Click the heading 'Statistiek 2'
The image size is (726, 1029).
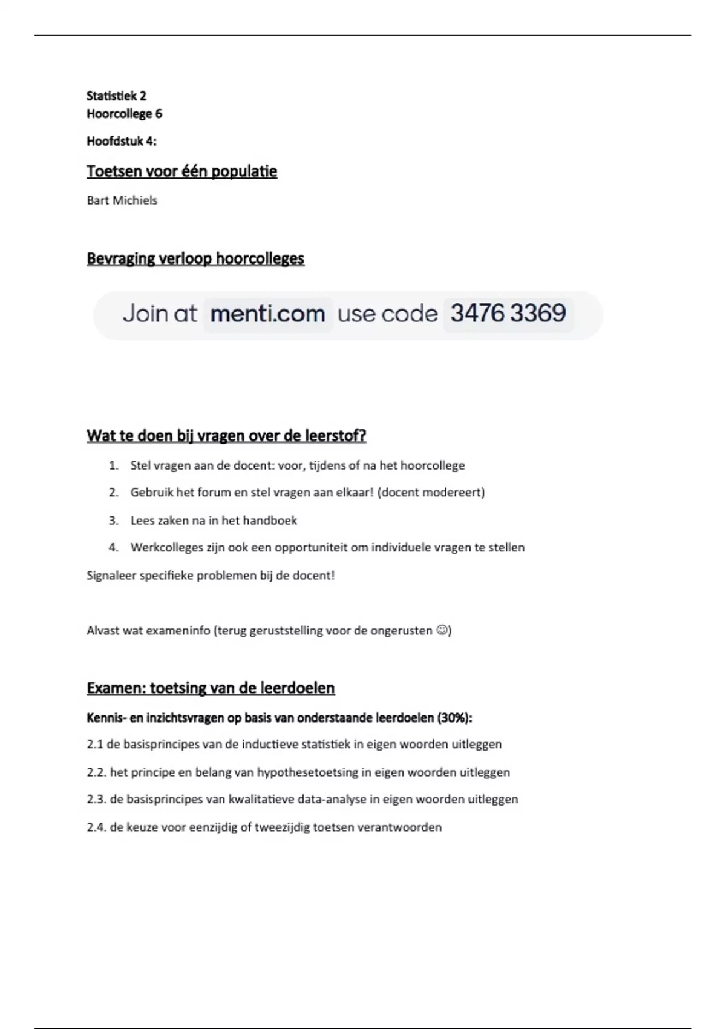pyautogui.click(x=116, y=96)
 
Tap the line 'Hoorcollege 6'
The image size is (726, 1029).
pyautogui.click(x=124, y=114)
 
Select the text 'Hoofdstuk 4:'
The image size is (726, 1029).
pyautogui.click(x=121, y=141)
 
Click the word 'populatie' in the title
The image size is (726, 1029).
pyautogui.click(x=244, y=171)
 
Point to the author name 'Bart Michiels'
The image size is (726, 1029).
pyautogui.click(x=122, y=200)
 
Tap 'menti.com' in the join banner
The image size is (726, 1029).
pyautogui.click(x=267, y=314)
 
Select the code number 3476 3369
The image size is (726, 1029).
pyautogui.click(x=508, y=314)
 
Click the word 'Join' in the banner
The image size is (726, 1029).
pyautogui.click(x=143, y=314)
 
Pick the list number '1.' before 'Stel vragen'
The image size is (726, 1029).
pyautogui.click(x=114, y=465)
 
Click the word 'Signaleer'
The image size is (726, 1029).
pyautogui.click(x=111, y=576)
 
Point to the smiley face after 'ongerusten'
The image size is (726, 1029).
pyautogui.click(x=442, y=631)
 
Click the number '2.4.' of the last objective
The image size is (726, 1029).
pyautogui.click(x=96, y=827)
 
